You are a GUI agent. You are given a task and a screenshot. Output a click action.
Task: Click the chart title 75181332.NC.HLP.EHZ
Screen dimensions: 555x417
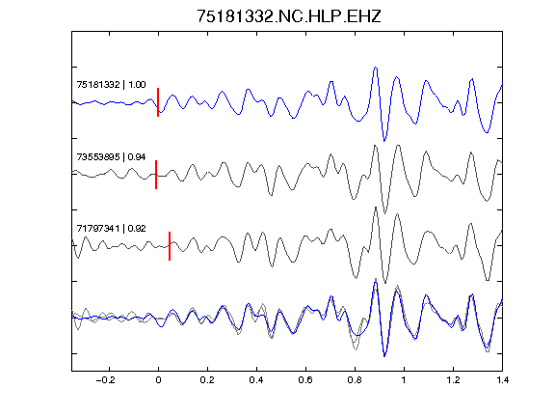point(289,16)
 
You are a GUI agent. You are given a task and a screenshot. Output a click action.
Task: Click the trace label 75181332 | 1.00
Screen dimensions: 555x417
point(111,85)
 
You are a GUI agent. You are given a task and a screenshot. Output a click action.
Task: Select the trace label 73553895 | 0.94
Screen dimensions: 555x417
point(111,157)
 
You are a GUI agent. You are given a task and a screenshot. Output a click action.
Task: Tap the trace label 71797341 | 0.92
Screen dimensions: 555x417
point(111,229)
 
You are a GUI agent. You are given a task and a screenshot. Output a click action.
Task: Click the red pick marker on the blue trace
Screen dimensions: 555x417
point(158,102)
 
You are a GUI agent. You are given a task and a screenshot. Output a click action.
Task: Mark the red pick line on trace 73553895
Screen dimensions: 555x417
point(156,175)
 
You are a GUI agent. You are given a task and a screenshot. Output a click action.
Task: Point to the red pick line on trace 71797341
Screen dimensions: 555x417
point(170,246)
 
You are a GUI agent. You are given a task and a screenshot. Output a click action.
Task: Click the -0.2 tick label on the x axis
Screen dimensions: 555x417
point(105,380)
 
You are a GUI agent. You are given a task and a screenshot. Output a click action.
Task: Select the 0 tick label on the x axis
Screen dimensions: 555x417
point(158,380)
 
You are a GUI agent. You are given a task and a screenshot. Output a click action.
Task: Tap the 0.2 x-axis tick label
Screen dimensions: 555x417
point(207,380)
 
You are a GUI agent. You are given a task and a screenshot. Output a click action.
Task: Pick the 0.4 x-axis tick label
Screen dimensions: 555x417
point(256,380)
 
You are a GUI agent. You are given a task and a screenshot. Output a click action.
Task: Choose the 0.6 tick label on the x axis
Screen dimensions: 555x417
point(305,380)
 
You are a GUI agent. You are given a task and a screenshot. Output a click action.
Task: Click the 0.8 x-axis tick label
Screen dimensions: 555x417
point(355,380)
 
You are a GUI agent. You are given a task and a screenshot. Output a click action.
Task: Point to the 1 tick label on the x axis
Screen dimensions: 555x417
point(404,380)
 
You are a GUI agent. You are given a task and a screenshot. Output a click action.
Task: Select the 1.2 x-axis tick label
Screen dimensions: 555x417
point(453,380)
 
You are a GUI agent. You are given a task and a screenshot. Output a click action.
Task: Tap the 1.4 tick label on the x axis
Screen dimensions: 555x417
point(502,380)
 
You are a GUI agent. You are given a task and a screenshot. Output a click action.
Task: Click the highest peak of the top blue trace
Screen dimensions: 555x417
point(375,68)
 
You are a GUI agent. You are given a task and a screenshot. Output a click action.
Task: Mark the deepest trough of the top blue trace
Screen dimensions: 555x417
point(384,141)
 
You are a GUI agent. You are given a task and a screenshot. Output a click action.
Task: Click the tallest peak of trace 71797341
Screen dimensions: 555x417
point(375,208)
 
